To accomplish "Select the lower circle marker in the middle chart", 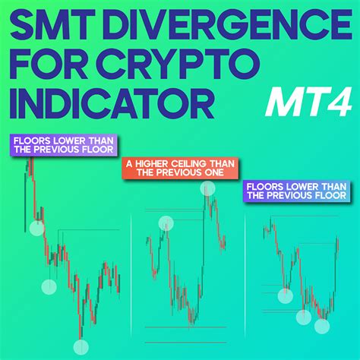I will click(x=166, y=223).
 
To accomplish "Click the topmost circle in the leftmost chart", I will click(x=36, y=228).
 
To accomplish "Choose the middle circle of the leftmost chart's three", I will click(x=49, y=287).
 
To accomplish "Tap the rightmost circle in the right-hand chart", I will click(x=323, y=327).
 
